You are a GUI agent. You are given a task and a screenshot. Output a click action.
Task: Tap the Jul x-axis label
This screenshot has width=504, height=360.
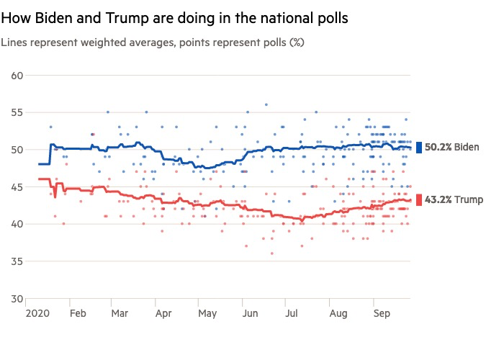[291, 314]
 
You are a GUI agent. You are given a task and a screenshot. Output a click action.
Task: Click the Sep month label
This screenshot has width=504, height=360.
[382, 314]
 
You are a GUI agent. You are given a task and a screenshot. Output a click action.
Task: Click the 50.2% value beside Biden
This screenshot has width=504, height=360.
[438, 148]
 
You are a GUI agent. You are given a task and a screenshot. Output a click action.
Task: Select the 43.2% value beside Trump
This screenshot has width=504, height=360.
[438, 199]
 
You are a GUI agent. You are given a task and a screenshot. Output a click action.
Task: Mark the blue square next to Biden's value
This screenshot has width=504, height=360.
[418, 148]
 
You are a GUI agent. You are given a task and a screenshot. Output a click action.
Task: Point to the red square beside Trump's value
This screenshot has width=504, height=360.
[418, 199]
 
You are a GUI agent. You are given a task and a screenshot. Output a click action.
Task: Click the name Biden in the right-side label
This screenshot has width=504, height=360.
[467, 148]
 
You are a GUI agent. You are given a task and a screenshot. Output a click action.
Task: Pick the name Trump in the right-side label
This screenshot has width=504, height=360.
[469, 199]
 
